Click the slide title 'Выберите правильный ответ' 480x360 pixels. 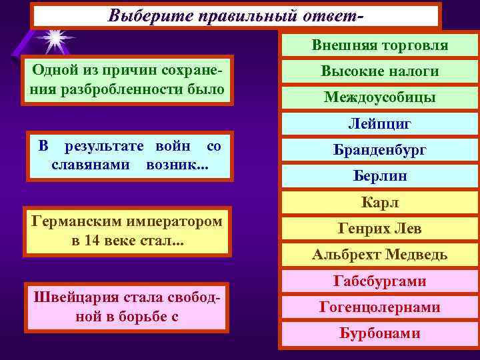point(236,15)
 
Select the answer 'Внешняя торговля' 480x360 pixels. point(380,45)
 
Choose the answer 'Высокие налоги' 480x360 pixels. point(380,71)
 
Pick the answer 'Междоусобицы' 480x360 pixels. point(380,97)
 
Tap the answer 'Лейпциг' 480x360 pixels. point(380,124)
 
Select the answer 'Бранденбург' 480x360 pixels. point(380,150)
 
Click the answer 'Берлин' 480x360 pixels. point(380,176)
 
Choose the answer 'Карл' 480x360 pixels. point(380,203)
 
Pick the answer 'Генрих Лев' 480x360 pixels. point(380,229)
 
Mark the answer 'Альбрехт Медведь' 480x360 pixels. point(380,255)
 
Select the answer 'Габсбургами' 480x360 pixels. point(380,281)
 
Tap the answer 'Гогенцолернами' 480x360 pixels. point(380,307)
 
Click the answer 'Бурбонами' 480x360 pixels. point(380,333)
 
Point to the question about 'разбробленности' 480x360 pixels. point(127,80)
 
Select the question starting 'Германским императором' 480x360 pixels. point(127,231)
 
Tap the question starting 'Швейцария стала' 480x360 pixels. point(127,307)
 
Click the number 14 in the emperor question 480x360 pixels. point(92,239)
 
